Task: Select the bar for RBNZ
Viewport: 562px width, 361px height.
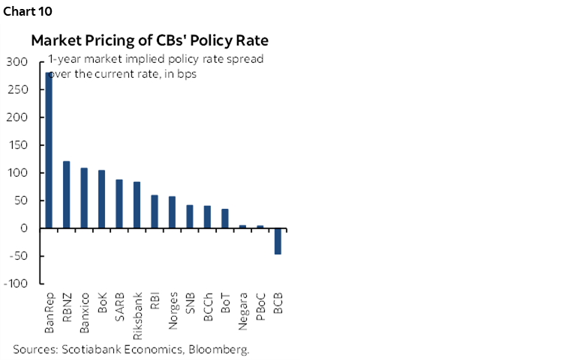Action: pos(66,195)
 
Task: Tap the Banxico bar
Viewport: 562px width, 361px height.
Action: pos(84,198)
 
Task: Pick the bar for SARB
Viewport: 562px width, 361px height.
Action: pos(119,204)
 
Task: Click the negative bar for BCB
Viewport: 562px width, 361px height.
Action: pos(278,241)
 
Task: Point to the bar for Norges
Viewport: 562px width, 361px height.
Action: pos(172,212)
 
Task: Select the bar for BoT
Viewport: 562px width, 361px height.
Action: pos(225,218)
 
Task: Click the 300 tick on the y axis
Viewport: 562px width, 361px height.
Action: pos(17,62)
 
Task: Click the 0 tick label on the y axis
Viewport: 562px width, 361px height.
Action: pos(23,228)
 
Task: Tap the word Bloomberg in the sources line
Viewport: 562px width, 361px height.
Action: pos(221,349)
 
